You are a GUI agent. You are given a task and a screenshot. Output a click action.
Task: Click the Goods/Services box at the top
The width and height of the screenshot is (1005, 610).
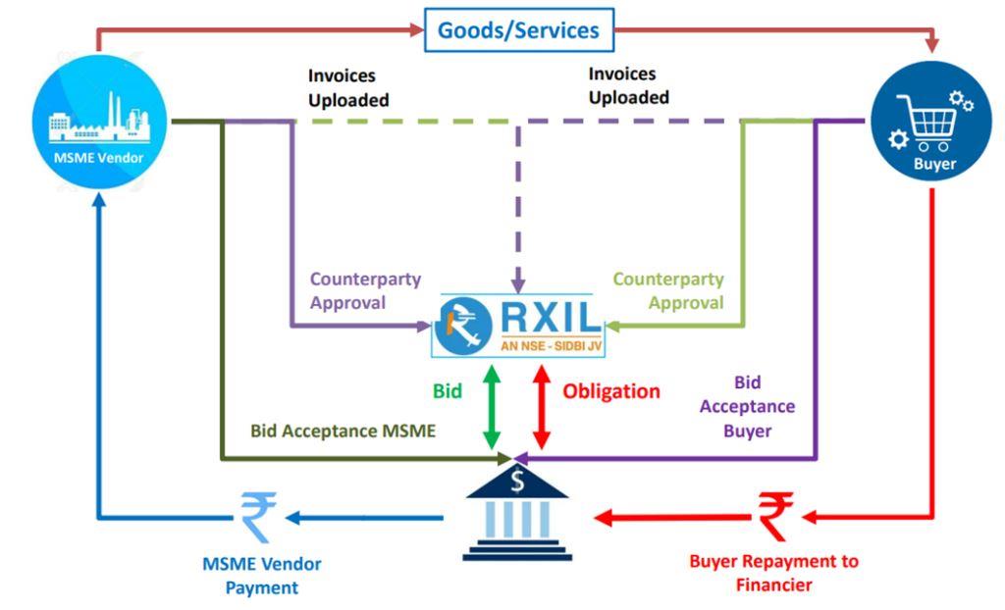[517, 29]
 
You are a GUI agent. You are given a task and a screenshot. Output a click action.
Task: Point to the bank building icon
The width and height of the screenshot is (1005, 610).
[518, 511]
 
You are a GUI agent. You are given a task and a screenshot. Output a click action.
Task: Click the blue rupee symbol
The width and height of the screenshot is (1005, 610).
[260, 516]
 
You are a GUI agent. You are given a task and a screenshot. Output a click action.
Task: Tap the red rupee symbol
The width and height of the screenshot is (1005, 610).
[775, 516]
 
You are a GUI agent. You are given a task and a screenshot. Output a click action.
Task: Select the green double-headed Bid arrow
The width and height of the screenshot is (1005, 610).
[491, 407]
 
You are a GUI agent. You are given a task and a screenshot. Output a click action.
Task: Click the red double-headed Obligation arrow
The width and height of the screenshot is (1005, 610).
[542, 407]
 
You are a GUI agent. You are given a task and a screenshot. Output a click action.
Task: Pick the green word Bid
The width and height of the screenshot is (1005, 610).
[448, 390]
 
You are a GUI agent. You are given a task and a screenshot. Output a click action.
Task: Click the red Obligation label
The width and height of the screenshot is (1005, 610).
[610, 390]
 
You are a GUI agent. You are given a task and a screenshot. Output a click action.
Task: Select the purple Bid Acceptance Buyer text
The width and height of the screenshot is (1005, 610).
[750, 406]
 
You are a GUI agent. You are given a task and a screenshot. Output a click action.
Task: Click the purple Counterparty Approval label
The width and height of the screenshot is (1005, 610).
[365, 291]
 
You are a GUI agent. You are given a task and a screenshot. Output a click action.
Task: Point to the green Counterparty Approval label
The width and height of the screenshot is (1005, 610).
[668, 291]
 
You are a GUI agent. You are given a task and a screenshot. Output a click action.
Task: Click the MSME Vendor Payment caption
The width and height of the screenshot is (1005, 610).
[261, 576]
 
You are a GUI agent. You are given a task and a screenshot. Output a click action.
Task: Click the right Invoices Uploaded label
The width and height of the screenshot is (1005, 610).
[628, 85]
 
